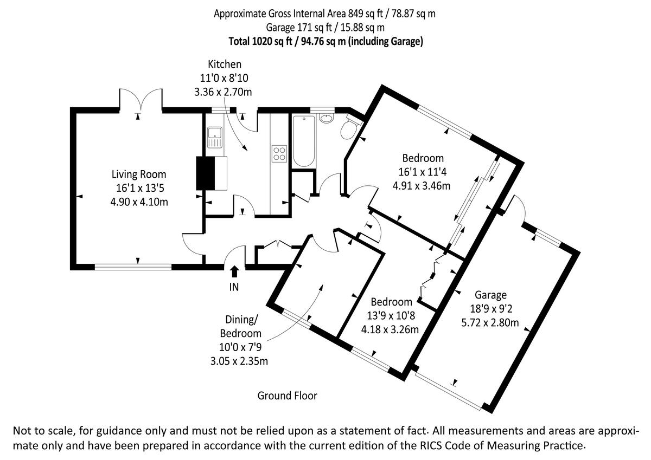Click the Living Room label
139,174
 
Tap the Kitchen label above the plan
224,64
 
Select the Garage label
490,295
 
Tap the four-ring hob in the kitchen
279,153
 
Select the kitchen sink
214,137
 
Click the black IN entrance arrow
234,271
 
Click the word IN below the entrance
234,287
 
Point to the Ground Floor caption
287,396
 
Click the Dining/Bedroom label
240,327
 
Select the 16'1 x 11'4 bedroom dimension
423,172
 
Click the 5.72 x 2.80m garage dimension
490,323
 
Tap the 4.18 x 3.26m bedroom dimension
390,329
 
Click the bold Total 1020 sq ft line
325,41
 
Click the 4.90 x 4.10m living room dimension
139,202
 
